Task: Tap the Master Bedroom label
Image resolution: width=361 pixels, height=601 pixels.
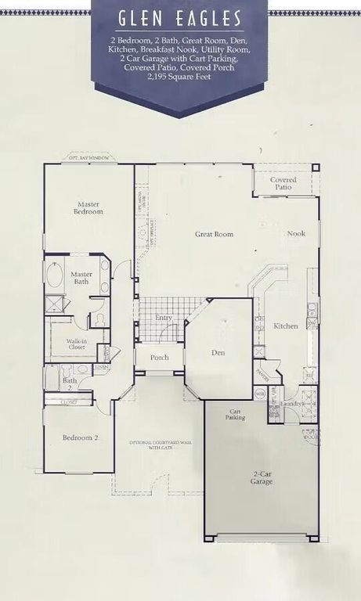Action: pyautogui.click(x=88, y=207)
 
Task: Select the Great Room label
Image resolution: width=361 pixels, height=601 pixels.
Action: pyautogui.click(x=214, y=234)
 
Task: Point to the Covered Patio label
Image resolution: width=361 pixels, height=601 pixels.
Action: pyautogui.click(x=283, y=184)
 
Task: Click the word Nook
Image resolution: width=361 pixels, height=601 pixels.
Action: pyautogui.click(x=296, y=233)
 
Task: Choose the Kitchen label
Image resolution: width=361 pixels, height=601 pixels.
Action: pyautogui.click(x=285, y=326)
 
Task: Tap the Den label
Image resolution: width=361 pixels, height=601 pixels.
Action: pyautogui.click(x=218, y=353)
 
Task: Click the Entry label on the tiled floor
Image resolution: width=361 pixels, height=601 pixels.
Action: pyautogui.click(x=164, y=318)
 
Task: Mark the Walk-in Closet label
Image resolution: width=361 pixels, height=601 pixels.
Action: pyautogui.click(x=76, y=345)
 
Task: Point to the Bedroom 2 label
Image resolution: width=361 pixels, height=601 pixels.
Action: pyautogui.click(x=81, y=438)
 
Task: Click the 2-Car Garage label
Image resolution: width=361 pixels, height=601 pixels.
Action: pyautogui.click(x=261, y=477)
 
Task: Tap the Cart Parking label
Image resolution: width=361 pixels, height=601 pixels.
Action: pyautogui.click(x=236, y=415)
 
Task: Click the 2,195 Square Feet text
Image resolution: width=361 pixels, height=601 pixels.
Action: pyautogui.click(x=180, y=77)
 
